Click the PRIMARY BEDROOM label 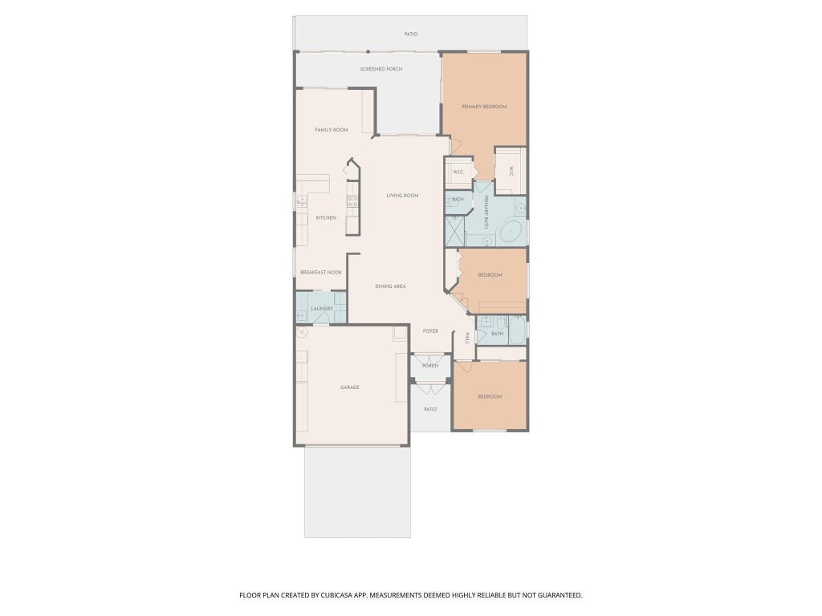click(x=483, y=106)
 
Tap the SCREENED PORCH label click(x=381, y=69)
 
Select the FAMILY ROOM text click(x=331, y=129)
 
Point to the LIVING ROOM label click(x=402, y=195)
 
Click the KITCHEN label click(x=325, y=217)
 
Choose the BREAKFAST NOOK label click(x=320, y=272)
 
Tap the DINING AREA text click(x=390, y=286)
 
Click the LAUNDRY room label click(x=321, y=308)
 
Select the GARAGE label click(x=349, y=387)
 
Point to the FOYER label click(x=430, y=330)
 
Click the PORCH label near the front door click(x=430, y=366)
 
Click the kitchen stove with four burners click(x=352, y=201)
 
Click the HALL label click(x=467, y=338)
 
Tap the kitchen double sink click(x=302, y=201)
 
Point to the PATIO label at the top click(x=411, y=34)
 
